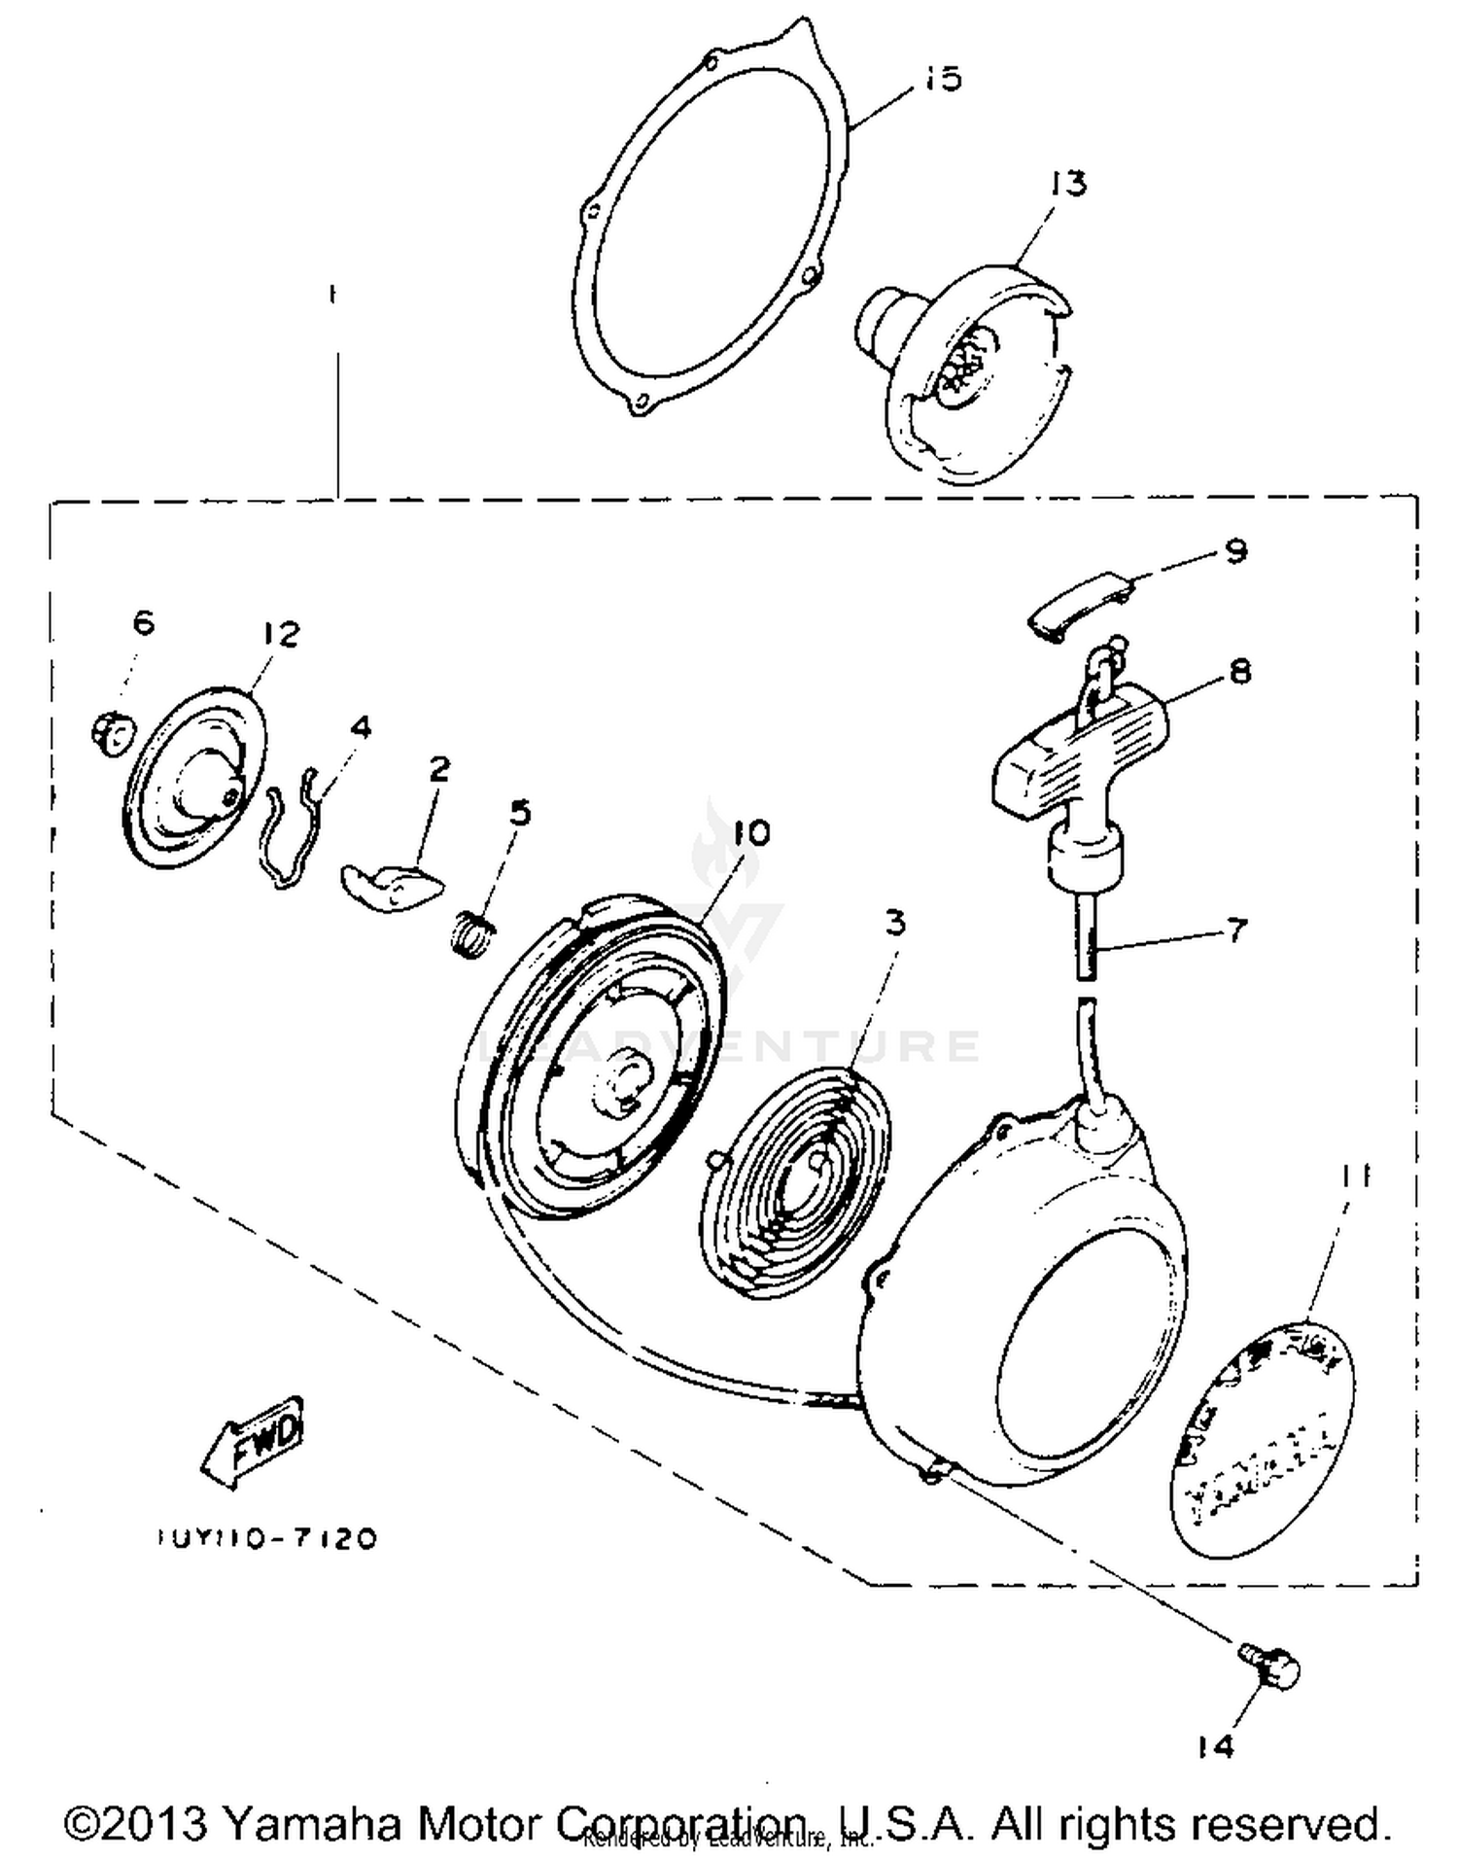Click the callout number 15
[942, 79]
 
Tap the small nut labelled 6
[112, 732]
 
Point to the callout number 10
[751, 833]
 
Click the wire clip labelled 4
[291, 826]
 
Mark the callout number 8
[1239, 671]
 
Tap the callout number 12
[281, 634]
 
